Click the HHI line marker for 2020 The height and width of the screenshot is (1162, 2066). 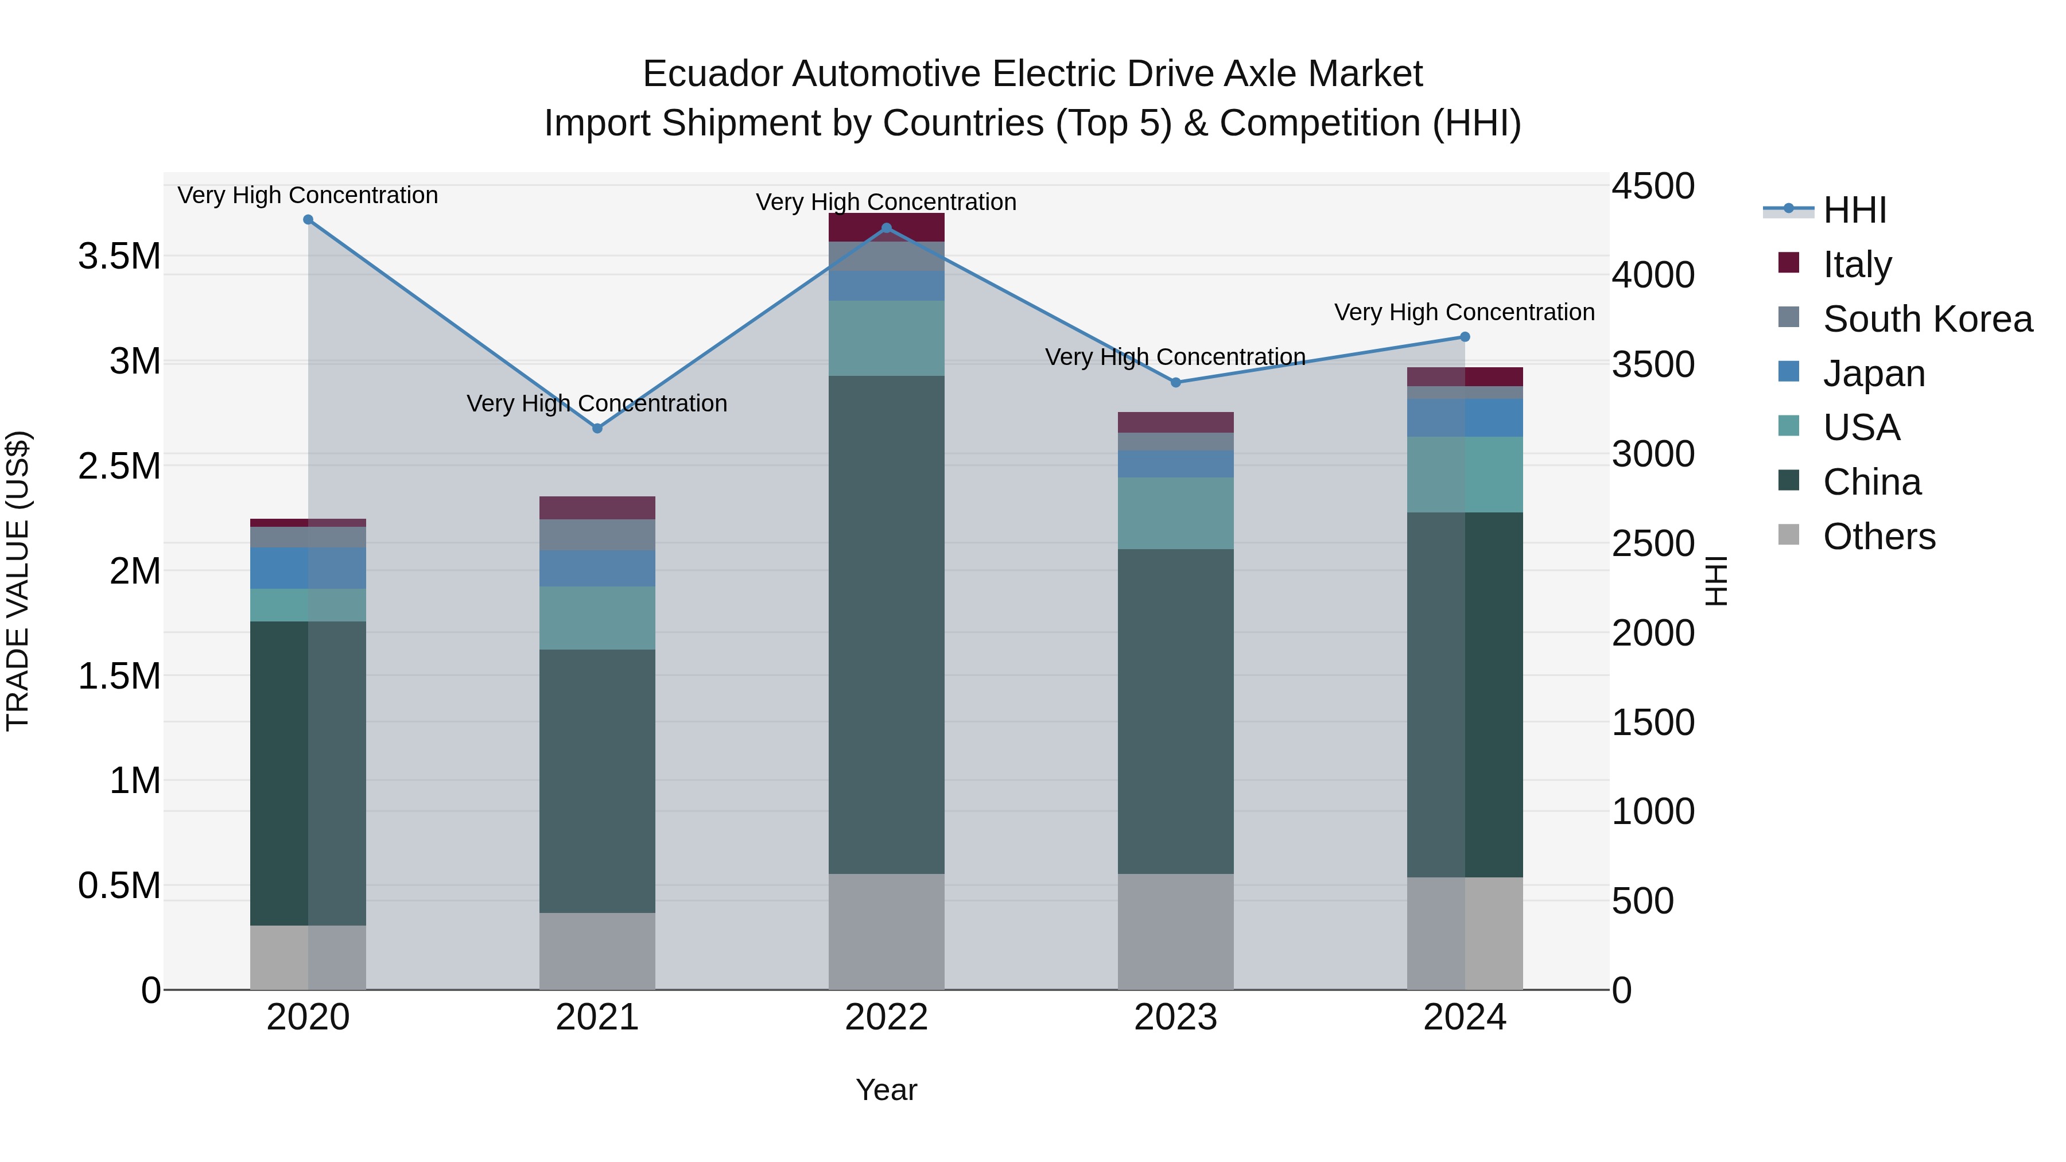point(308,220)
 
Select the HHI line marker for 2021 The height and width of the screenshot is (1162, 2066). point(597,428)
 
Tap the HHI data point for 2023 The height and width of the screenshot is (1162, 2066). point(1176,383)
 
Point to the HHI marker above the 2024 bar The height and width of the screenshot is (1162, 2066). point(1465,337)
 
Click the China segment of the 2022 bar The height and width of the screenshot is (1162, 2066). point(886,625)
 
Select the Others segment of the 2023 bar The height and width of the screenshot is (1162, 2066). point(1176,932)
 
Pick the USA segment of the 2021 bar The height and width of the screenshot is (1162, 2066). point(597,617)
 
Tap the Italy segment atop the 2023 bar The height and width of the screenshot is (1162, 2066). point(1176,422)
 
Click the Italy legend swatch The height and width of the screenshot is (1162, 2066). point(1788,263)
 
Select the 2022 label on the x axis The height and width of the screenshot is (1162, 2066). point(886,1017)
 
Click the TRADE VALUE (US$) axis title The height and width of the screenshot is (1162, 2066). point(18,581)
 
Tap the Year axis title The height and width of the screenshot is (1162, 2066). point(886,1090)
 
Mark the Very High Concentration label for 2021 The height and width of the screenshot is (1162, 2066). point(597,403)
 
